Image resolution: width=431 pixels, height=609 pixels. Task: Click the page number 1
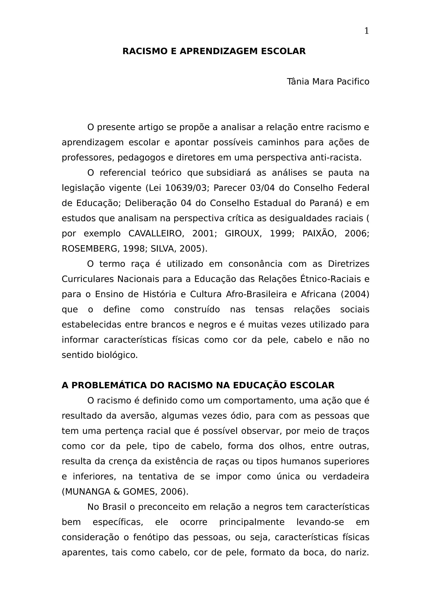(366, 31)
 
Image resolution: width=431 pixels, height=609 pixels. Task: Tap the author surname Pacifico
(353, 82)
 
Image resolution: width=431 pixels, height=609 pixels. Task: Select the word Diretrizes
(349, 264)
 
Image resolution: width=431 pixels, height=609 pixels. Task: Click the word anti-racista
(336, 158)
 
